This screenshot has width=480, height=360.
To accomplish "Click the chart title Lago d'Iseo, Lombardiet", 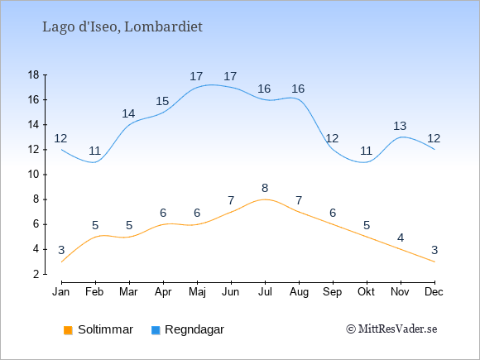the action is (x=122, y=27).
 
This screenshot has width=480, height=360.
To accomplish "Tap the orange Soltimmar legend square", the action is (x=68, y=330).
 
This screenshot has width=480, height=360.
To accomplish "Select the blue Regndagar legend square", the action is (x=156, y=330).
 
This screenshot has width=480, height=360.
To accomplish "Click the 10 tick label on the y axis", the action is (x=34, y=175).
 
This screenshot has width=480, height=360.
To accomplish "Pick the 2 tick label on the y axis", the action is (x=36, y=274).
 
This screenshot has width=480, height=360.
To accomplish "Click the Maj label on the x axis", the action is (x=197, y=292).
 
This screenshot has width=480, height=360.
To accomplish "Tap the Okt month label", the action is (x=366, y=292).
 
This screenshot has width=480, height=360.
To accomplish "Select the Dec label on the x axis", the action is (x=434, y=292).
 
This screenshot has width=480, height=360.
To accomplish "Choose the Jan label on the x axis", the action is (x=61, y=292).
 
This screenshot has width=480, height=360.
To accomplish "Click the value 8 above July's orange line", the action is (x=265, y=188).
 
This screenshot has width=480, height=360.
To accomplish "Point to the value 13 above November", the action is (x=400, y=126).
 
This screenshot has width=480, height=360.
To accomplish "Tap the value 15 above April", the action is (x=162, y=101).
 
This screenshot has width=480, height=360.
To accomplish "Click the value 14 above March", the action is (x=128, y=113).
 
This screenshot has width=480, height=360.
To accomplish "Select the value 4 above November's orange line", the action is (x=401, y=238).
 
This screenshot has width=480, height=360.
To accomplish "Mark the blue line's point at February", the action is (x=95, y=162).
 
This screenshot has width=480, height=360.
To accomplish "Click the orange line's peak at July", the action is (x=265, y=199).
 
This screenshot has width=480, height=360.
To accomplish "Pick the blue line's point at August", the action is (x=299, y=100).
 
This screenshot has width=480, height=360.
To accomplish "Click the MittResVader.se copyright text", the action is (x=391, y=329).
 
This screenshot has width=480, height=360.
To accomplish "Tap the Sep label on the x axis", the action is (x=333, y=292).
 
